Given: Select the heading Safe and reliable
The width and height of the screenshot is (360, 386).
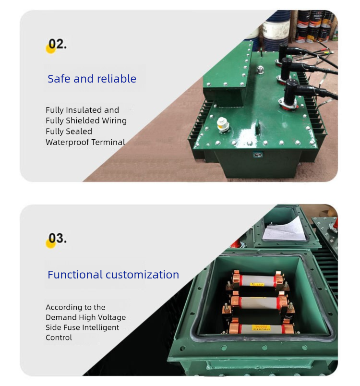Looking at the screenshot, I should click(92, 79).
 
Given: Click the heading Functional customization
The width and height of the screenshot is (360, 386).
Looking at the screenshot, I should click(113, 275).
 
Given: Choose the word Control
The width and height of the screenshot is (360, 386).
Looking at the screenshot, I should click(59, 338).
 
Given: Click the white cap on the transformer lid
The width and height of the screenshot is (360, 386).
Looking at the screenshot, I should click(222, 123).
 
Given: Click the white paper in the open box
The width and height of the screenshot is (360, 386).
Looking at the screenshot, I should click(285, 229).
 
